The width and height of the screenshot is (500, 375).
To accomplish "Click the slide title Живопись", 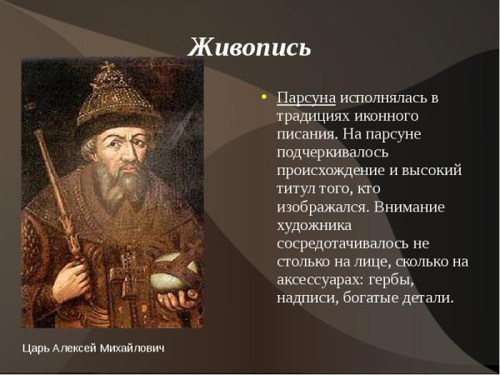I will [x=249, y=47].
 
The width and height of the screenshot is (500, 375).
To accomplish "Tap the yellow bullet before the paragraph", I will [x=264, y=97].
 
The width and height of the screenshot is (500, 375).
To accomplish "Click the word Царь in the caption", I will [x=36, y=347].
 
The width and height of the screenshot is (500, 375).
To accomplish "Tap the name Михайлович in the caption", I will [x=131, y=347].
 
